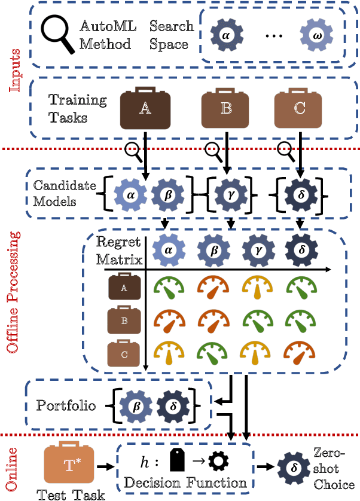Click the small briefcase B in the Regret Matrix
124,320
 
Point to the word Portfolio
66,406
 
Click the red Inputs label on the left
14,70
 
